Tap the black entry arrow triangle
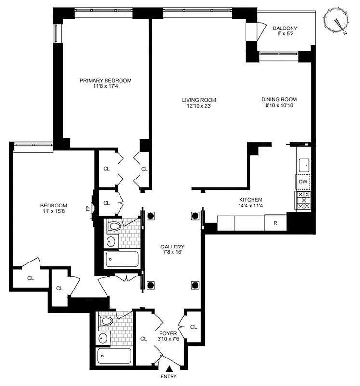(x=169, y=369)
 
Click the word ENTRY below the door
(x=169, y=377)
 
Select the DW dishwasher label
(x=303, y=182)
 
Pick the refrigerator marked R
(x=275, y=223)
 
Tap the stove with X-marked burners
(x=303, y=200)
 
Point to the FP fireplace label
(x=88, y=208)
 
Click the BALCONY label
(x=285, y=28)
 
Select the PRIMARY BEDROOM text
(x=105, y=81)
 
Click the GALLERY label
(x=172, y=246)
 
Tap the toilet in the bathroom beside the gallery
(x=115, y=226)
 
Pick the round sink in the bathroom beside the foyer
(x=103, y=338)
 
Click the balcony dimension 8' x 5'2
(x=285, y=35)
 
